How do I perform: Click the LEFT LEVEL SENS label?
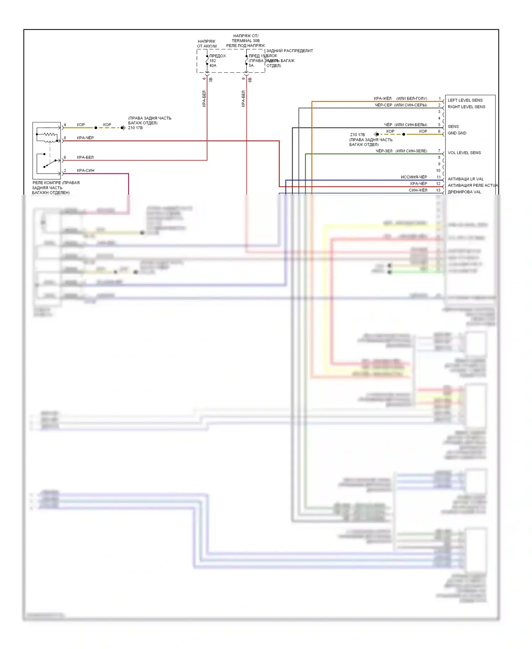[x=465, y=100]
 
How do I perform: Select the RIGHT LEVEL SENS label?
[x=466, y=107]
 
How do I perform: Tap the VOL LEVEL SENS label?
[x=464, y=153]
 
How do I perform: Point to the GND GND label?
[x=457, y=133]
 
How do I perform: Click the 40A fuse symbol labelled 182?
[x=207, y=60]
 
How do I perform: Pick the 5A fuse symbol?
[x=246, y=60]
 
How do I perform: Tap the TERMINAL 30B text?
[x=245, y=40]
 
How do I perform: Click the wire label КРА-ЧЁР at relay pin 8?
[x=85, y=138]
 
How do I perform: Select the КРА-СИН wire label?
[x=85, y=170]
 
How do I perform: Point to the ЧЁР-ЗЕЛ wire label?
[x=384, y=151]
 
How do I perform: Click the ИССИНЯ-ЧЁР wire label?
[x=414, y=177]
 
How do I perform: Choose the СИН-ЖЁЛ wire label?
[x=418, y=190]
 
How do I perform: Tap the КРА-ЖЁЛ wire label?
[x=382, y=98]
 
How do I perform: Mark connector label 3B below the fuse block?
[x=211, y=80]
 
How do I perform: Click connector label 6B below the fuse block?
[x=250, y=80]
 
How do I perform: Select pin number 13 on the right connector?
[x=438, y=190]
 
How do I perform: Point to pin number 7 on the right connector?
[x=439, y=151]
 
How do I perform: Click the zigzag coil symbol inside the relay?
[x=50, y=135]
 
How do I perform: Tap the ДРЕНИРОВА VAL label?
[x=464, y=192]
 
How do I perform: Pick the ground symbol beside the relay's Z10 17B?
[x=123, y=128]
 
